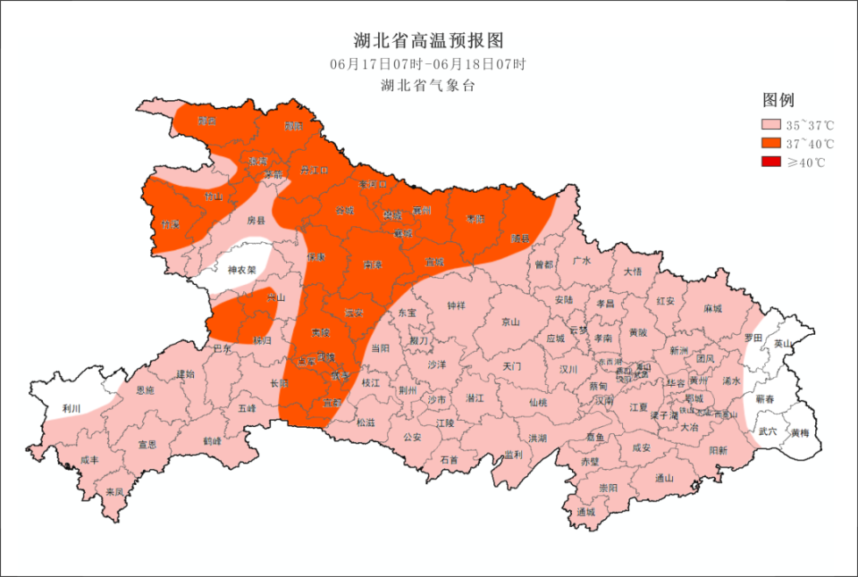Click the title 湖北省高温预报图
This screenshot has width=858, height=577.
point(429,41)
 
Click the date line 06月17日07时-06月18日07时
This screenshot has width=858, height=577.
point(429,64)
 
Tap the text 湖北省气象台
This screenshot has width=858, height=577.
point(429,86)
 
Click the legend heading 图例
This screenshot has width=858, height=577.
point(778,99)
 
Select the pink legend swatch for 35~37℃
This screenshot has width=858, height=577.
point(770,125)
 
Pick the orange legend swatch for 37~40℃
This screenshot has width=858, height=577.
point(770,144)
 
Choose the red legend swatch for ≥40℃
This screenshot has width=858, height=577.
point(770,163)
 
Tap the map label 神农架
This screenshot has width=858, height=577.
point(241,270)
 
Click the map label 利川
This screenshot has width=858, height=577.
point(71,408)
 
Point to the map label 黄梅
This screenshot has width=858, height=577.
point(800,433)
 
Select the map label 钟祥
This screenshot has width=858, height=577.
point(456,305)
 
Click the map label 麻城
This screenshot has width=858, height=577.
point(712,308)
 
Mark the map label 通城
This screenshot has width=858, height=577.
point(586,512)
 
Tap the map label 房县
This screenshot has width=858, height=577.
point(257,219)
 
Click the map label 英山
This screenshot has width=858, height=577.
point(783,343)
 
